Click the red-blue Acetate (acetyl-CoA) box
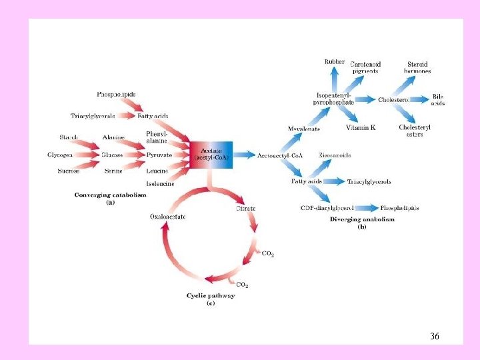pos(212,155)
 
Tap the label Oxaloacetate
pos(168,216)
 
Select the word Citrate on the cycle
pos(245,209)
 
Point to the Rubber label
pos(335,61)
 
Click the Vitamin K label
pos(360,127)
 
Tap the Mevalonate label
pos(304,129)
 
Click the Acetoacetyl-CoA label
pos(280,155)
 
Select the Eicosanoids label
pos(335,155)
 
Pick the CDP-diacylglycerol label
pos(327,208)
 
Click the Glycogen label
pos(60,155)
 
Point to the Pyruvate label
pos(159,155)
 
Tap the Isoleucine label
pos(160,183)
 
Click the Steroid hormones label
pos(419,67)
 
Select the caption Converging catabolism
pos(110,195)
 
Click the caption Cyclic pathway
pos(210,295)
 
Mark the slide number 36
pos(434,336)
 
